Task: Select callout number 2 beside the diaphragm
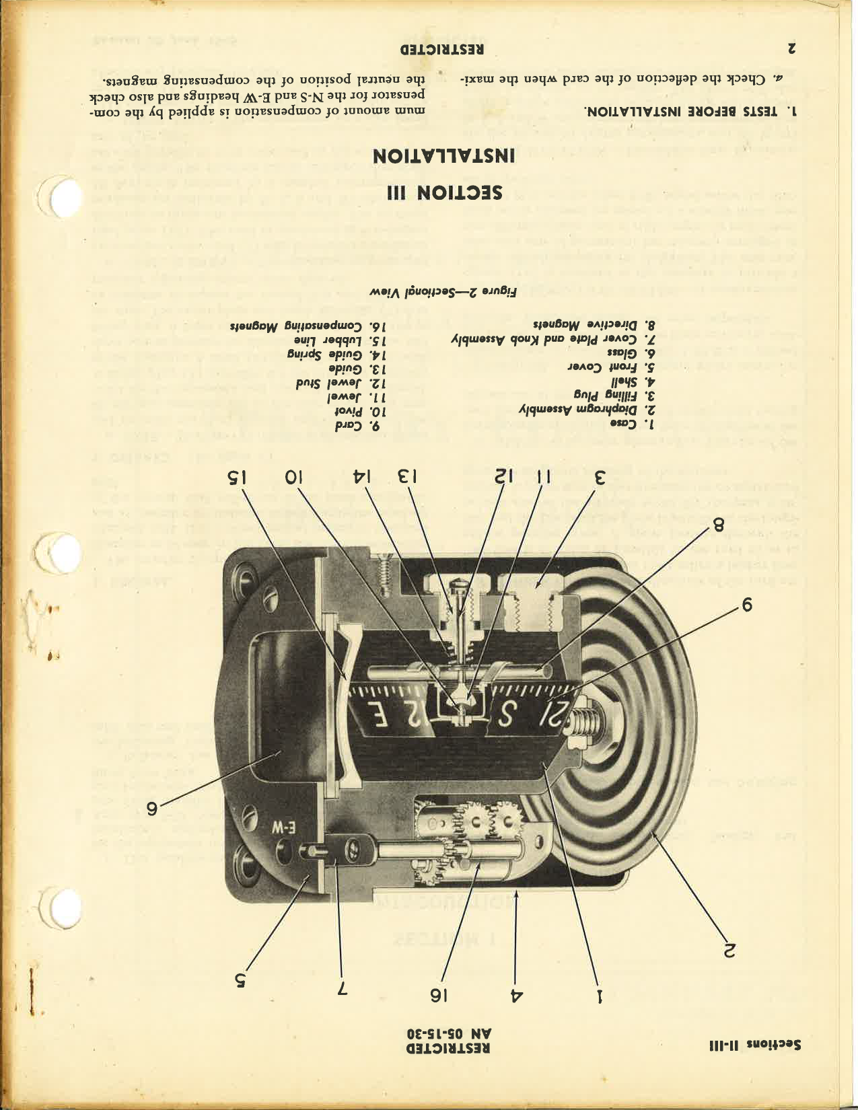(729, 949)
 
